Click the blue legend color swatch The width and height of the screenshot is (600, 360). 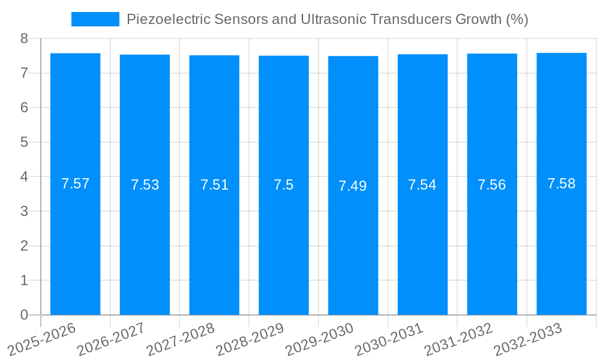click(x=95, y=19)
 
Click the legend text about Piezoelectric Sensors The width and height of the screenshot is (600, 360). click(x=327, y=19)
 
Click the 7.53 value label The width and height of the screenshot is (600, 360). click(x=145, y=185)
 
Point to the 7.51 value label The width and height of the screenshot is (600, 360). click(x=214, y=185)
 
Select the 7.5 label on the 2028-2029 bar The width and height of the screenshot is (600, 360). click(x=283, y=185)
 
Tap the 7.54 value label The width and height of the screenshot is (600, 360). click(x=422, y=185)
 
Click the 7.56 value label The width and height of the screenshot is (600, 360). click(x=492, y=185)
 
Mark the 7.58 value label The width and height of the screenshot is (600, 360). click(x=562, y=184)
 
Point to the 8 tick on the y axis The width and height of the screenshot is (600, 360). click(x=24, y=38)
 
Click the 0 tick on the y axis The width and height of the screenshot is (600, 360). click(x=24, y=315)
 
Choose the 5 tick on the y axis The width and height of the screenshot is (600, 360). click(x=24, y=142)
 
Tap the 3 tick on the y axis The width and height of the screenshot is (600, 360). click(x=24, y=211)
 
